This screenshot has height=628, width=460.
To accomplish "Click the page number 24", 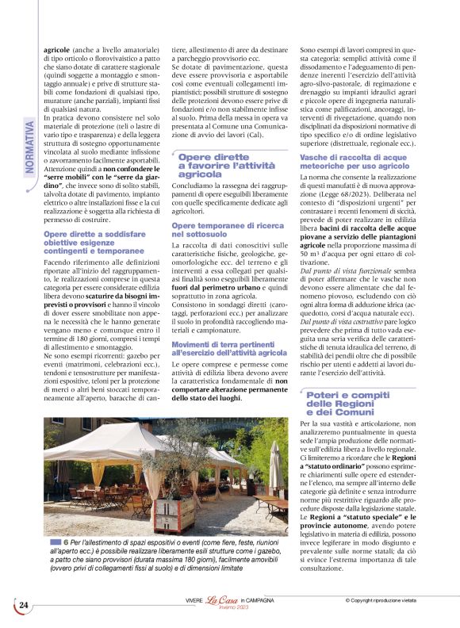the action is point(23,605).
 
